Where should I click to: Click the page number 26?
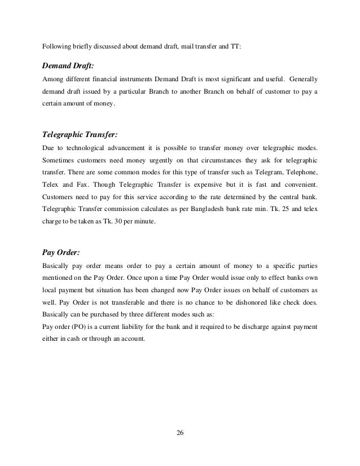pos(180,433)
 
